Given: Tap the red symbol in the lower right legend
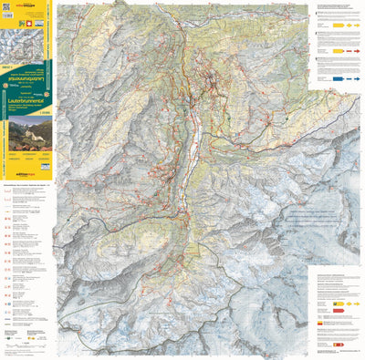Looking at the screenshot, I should tap(340, 309).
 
